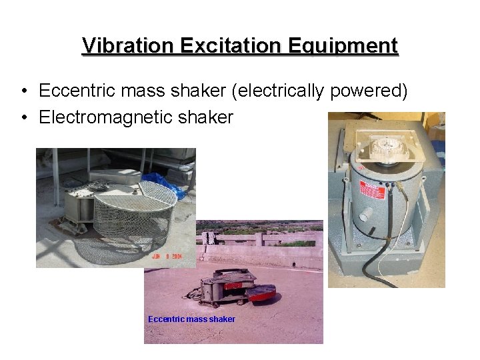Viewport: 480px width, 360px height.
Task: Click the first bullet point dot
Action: [x=23, y=91]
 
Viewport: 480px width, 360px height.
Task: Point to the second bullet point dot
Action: [x=23, y=118]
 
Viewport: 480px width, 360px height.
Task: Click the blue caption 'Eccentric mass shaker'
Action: [x=191, y=319]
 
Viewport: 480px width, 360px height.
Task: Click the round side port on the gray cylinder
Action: [x=366, y=215]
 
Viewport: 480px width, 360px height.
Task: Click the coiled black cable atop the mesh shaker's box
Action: [x=107, y=177]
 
